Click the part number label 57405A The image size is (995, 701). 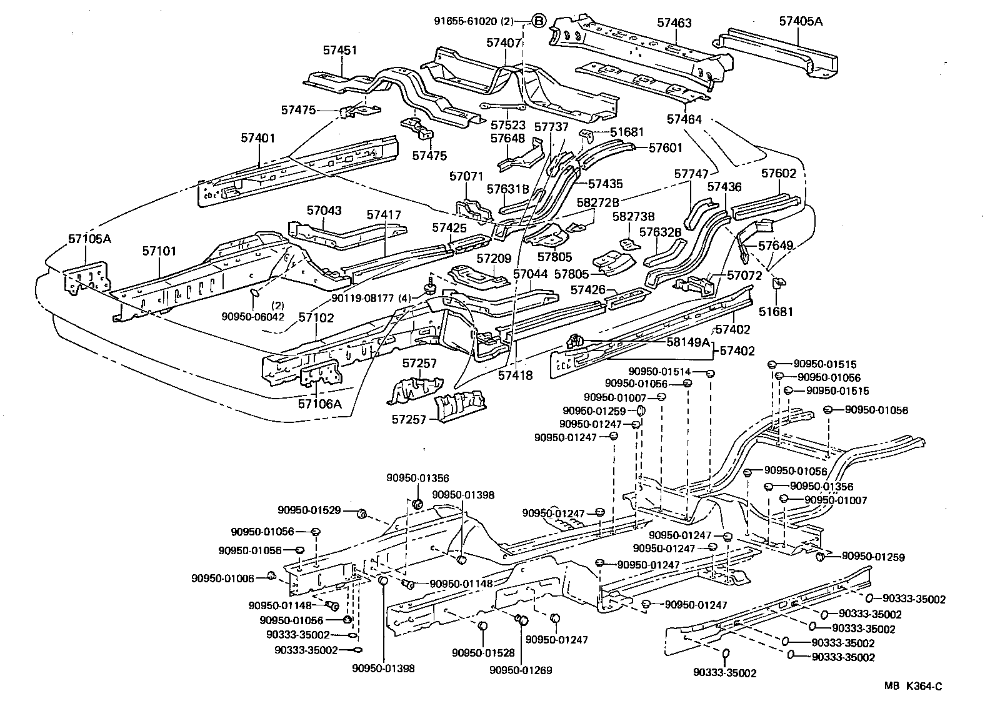point(801,21)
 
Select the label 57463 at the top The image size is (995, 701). point(674,23)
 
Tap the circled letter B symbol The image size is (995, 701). point(539,21)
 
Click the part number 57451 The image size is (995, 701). point(340,50)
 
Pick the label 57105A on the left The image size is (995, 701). point(89,238)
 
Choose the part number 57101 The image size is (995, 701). point(159,251)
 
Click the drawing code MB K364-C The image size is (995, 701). point(912,686)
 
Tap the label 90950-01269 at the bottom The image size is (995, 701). point(521,670)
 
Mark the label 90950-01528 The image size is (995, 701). point(483,653)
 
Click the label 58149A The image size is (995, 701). point(687,342)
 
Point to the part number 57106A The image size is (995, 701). point(320,403)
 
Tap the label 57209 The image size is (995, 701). point(494,257)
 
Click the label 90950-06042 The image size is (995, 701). point(253,317)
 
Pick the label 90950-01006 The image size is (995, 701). point(222,579)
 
